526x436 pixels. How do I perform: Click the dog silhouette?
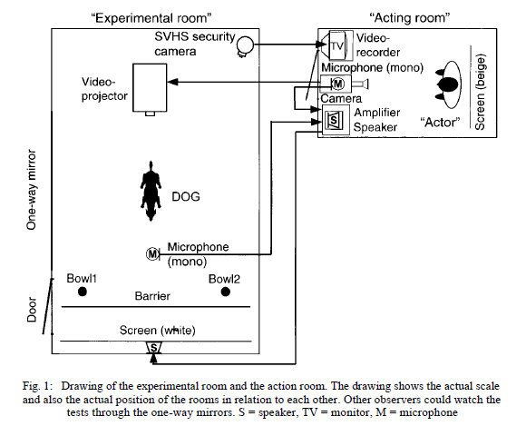pos(151,191)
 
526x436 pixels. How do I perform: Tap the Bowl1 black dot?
pos(83,292)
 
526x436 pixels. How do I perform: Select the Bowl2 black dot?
pos(226,292)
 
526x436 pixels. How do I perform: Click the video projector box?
pos(150,88)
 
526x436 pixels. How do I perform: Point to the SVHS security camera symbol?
pos(245,45)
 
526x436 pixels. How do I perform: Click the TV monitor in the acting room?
pos(336,45)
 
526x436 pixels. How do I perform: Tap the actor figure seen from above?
pos(448,84)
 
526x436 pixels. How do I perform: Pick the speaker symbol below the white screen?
pos(153,348)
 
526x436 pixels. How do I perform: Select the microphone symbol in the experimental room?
pos(152,253)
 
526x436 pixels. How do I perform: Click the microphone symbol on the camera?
pos(337,84)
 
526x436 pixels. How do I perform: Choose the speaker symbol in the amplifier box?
pos(334,120)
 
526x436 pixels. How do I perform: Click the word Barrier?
pos(152,296)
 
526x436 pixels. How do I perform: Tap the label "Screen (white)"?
pos(157,331)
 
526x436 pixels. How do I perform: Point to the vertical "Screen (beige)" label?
pos(480,92)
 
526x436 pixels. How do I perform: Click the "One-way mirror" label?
pos(31,190)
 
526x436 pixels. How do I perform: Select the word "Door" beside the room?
pos(31,310)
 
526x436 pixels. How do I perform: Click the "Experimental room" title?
pos(151,18)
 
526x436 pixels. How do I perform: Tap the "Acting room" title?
pos(410,17)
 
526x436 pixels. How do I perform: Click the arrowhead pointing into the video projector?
pos(172,82)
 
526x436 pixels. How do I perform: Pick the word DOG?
pos(186,196)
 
